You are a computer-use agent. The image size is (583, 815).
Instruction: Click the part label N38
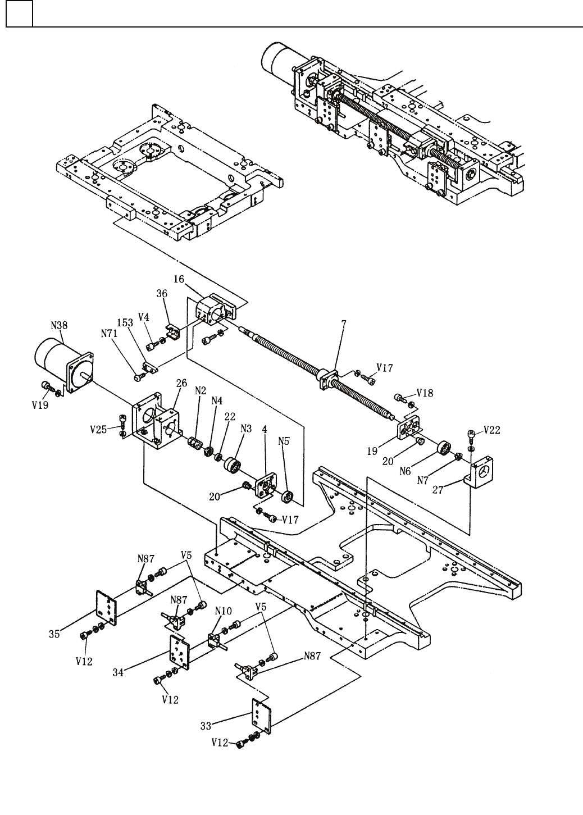(x=59, y=325)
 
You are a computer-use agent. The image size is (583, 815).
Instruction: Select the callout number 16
(x=179, y=279)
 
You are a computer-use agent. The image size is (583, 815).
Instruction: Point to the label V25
(x=98, y=430)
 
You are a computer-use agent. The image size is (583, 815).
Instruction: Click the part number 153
(x=125, y=323)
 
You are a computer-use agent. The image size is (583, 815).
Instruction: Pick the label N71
(x=109, y=333)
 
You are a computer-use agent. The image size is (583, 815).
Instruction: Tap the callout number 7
(x=344, y=324)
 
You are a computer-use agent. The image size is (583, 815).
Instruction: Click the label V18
(x=425, y=393)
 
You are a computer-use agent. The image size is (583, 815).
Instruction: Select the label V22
(x=492, y=430)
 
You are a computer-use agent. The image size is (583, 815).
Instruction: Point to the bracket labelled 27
(x=479, y=472)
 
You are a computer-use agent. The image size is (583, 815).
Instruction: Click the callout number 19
(x=372, y=452)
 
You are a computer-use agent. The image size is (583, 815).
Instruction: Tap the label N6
(x=405, y=471)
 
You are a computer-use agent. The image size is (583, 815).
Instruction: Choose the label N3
(x=246, y=429)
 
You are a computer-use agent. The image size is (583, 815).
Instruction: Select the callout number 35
(x=54, y=634)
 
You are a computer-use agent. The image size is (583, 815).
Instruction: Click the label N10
(x=223, y=611)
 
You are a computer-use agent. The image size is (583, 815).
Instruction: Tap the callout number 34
(x=118, y=673)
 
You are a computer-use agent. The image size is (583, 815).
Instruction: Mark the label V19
(x=40, y=405)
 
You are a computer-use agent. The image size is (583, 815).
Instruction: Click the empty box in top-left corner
(x=19, y=13)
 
